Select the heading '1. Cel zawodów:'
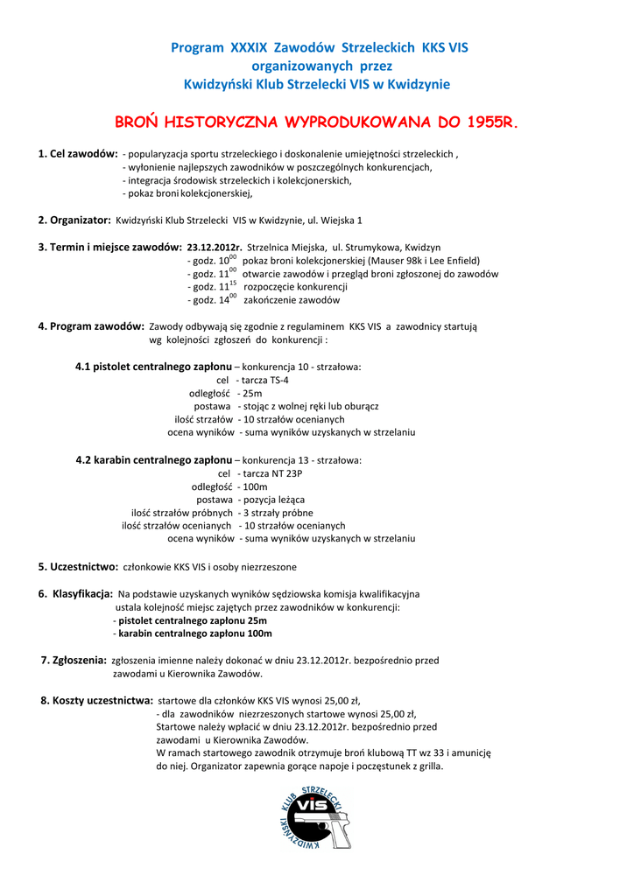pyautogui.click(x=78, y=154)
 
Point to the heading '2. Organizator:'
pyautogui.click(x=74, y=220)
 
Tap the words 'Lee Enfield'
pyautogui.click(x=454, y=261)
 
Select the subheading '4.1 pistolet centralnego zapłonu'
pyautogui.click(x=154, y=367)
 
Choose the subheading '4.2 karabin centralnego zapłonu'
pyautogui.click(x=154, y=459)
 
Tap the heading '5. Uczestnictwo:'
pyautogui.click(x=78, y=566)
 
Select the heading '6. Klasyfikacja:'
pyautogui.click(x=75, y=593)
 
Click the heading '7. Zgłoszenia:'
pyautogui.click(x=74, y=661)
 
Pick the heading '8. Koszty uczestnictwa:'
pyautogui.click(x=96, y=700)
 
